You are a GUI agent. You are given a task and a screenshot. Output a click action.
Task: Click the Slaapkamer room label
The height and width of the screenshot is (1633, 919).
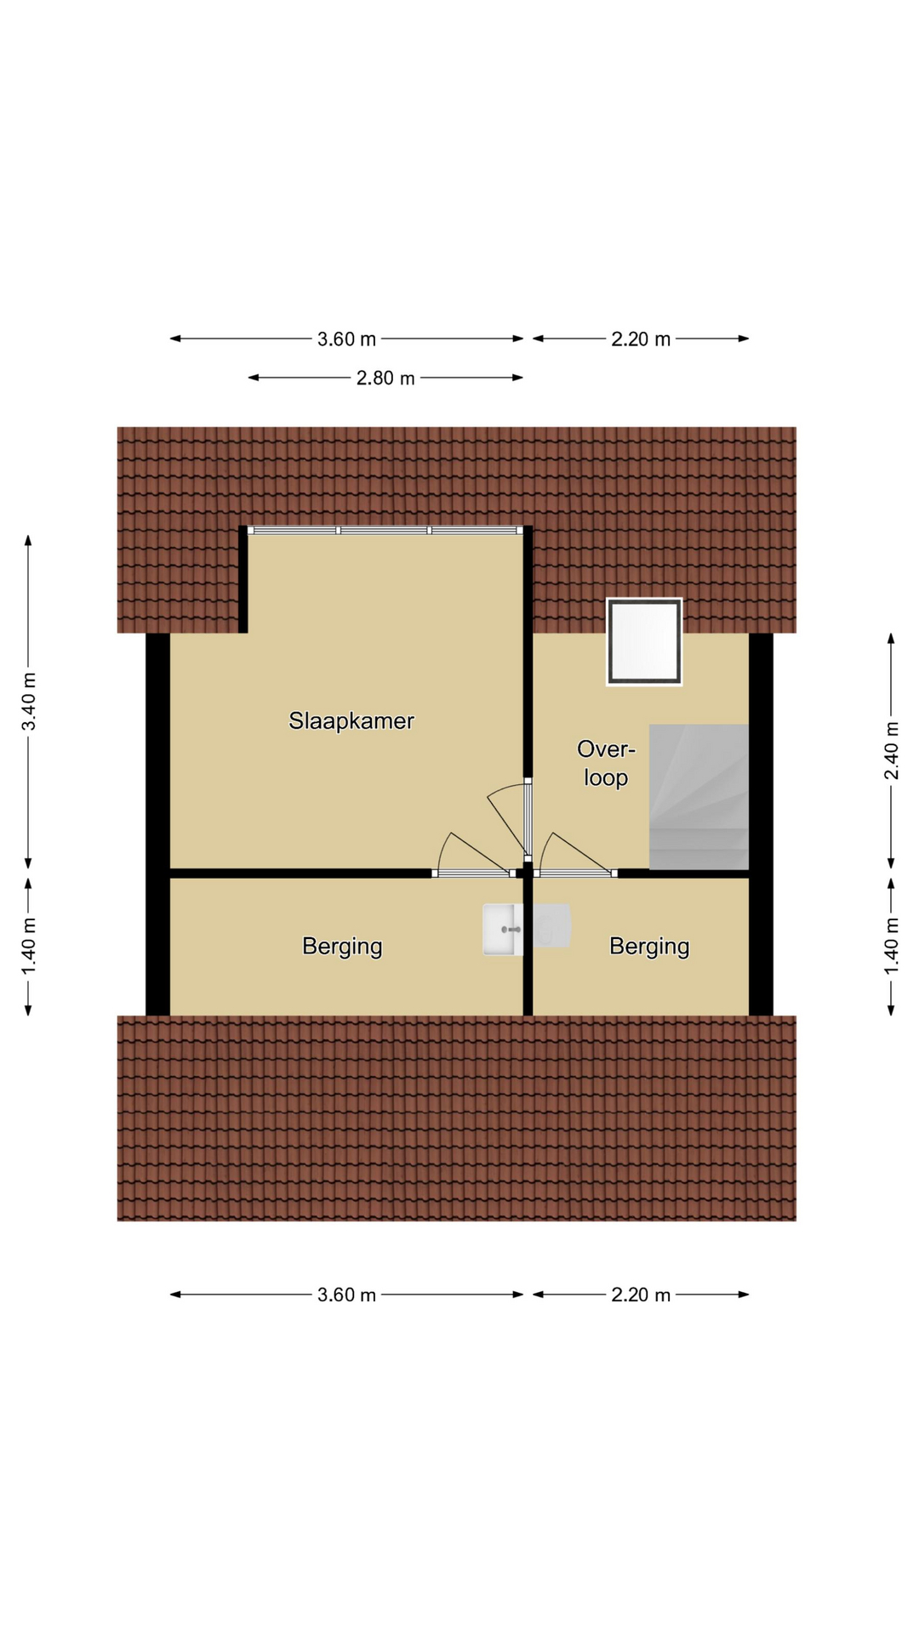(x=351, y=721)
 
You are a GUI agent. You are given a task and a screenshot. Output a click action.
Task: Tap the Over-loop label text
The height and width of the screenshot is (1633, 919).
(x=606, y=763)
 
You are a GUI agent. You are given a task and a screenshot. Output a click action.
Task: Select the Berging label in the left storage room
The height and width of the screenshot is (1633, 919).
(x=342, y=947)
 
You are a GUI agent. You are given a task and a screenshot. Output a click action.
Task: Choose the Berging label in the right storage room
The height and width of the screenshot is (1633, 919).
(x=649, y=947)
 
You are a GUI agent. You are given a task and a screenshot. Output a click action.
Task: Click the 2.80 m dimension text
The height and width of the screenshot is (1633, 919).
(x=385, y=378)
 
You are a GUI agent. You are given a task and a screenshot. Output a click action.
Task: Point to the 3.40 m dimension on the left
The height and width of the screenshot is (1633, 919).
(x=29, y=702)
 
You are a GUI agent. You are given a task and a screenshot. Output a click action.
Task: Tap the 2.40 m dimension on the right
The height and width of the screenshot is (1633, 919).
(x=891, y=750)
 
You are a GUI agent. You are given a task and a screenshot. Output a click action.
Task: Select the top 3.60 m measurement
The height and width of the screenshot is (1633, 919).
(x=346, y=339)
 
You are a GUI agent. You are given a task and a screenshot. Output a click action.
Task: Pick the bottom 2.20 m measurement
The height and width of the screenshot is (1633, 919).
(x=641, y=1295)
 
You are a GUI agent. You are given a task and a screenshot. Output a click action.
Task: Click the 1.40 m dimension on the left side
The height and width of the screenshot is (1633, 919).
(x=29, y=947)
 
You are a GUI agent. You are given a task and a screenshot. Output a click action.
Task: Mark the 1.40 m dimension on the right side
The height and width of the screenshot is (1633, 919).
(x=891, y=947)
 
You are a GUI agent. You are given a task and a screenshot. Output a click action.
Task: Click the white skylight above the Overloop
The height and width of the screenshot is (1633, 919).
(x=644, y=642)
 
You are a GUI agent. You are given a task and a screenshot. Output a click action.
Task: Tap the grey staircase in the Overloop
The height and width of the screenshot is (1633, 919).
(x=699, y=797)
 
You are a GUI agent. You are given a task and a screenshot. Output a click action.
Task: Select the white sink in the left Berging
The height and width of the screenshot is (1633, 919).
(x=503, y=930)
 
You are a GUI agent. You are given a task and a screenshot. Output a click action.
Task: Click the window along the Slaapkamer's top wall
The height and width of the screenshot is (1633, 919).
(x=385, y=531)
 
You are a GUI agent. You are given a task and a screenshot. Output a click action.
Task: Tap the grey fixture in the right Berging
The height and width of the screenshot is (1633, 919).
(x=551, y=926)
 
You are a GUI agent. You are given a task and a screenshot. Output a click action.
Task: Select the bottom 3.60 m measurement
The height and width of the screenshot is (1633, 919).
(x=346, y=1295)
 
